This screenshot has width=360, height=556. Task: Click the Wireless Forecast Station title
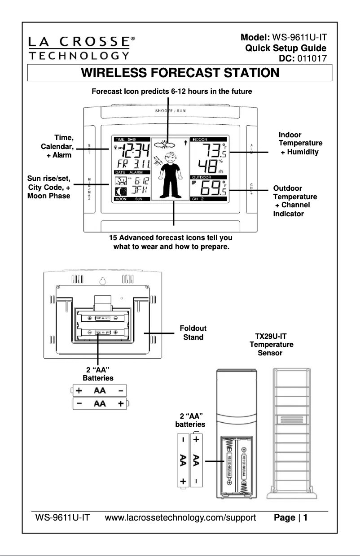point(180,73)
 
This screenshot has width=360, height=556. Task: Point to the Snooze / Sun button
point(171,110)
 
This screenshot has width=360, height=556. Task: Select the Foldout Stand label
point(193,333)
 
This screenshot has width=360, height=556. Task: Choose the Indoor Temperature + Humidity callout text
point(300,143)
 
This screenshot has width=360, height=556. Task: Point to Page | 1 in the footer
point(290,518)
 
